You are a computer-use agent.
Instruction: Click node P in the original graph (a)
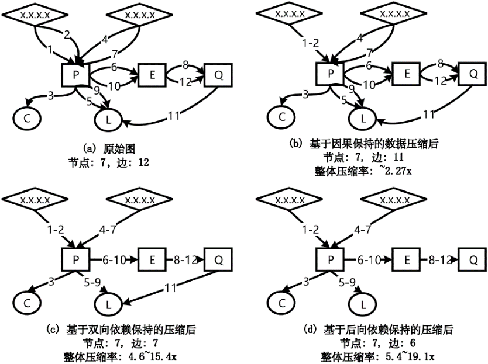coord(75,74)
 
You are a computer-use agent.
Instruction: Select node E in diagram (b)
coord(403,74)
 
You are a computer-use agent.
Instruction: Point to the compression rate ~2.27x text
coord(387,171)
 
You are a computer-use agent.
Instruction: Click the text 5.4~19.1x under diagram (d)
coord(403,356)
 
